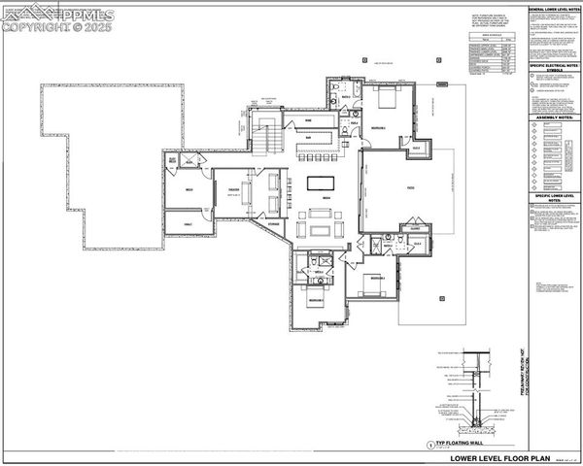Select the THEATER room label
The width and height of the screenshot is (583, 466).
tap(234, 188)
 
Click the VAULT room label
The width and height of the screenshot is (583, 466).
tap(188, 224)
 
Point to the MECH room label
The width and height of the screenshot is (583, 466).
tap(188, 188)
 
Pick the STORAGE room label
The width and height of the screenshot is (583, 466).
tap(275, 224)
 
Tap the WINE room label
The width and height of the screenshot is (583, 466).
tap(309, 120)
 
